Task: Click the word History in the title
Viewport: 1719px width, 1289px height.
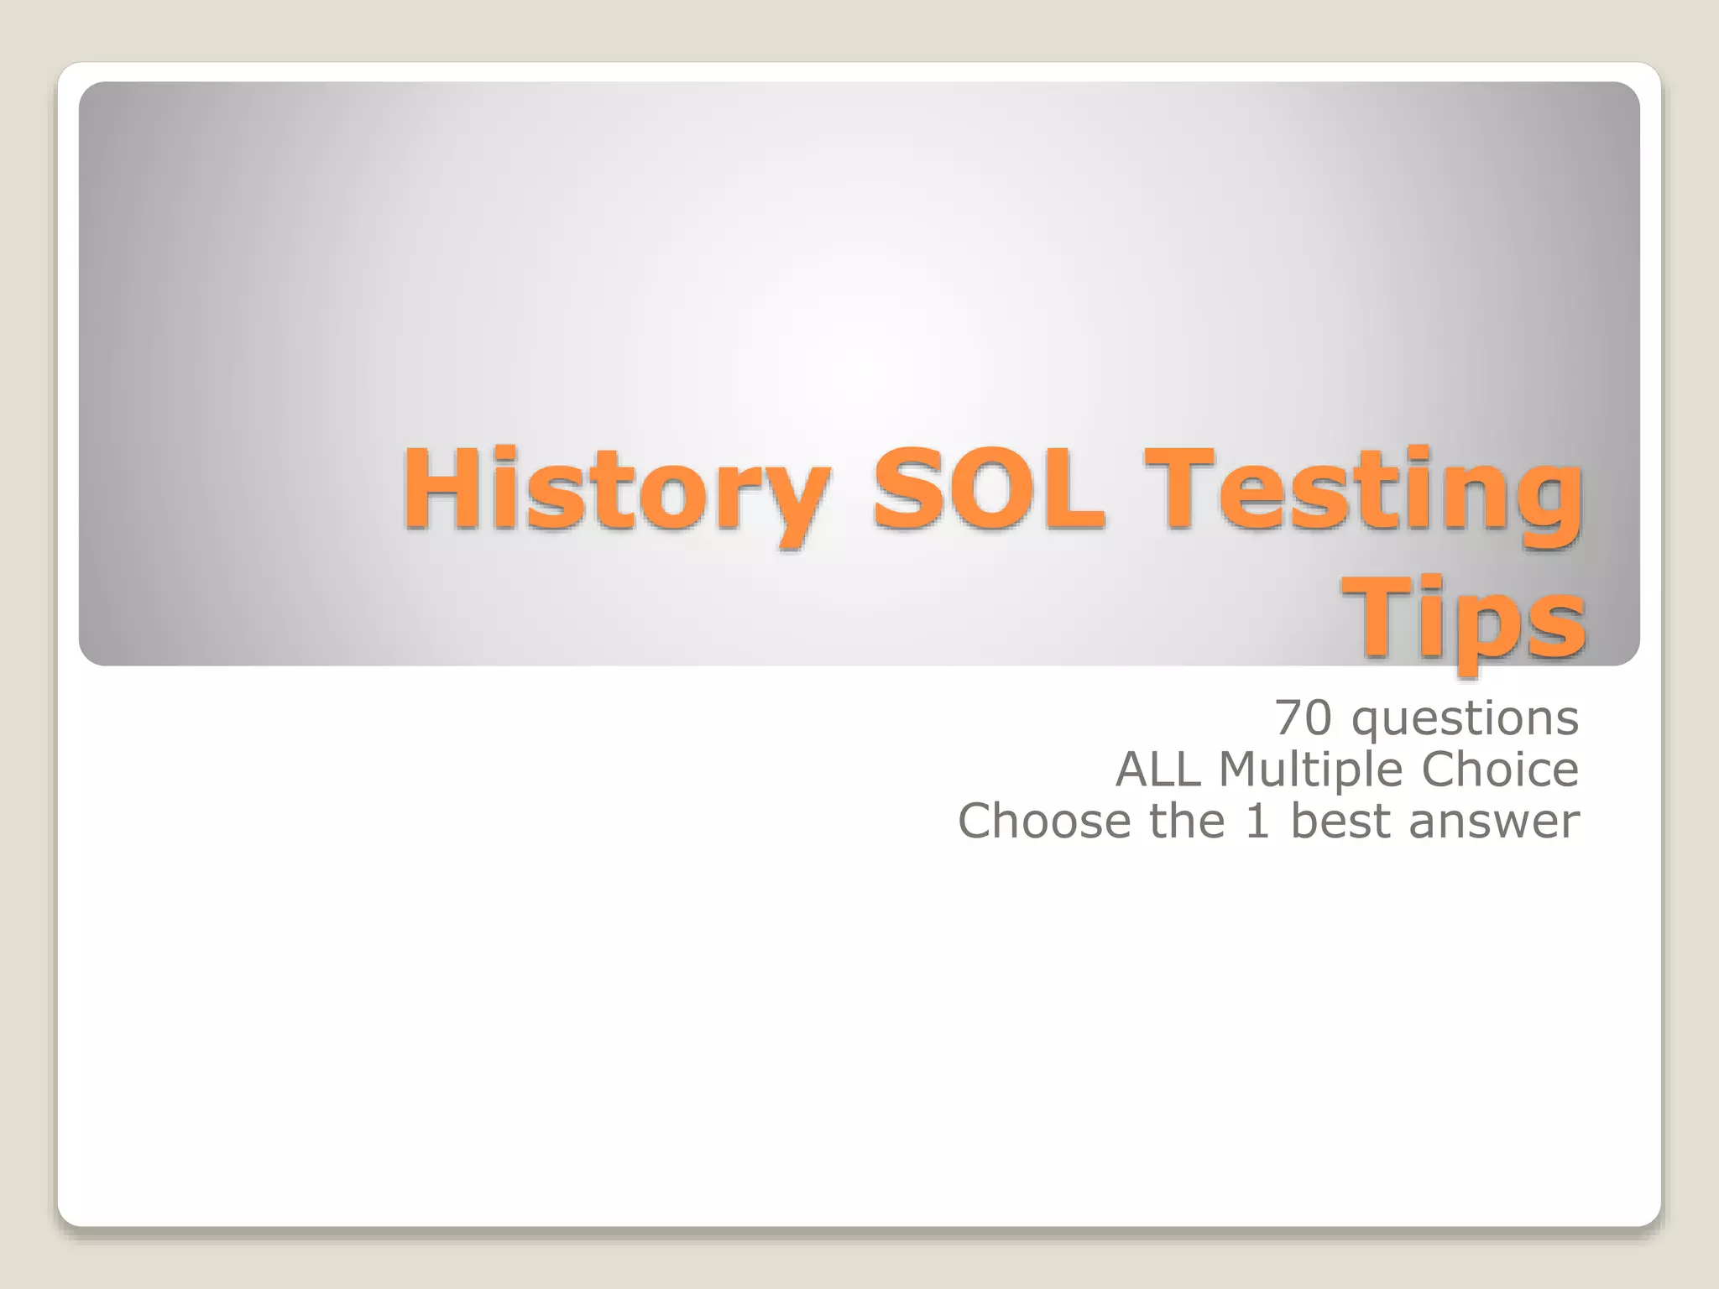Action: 617,491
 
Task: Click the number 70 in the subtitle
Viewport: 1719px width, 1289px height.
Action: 1304,718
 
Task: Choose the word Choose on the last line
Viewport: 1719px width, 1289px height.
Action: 1045,821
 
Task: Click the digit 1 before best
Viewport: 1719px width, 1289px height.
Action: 1257,821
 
